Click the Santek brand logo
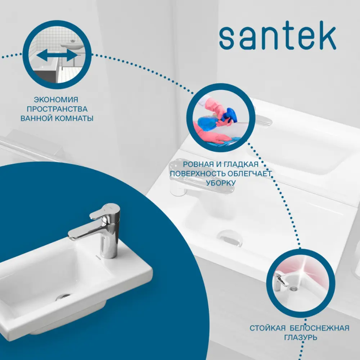coord(278,38)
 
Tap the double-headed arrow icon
coord(57,55)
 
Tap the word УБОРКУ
coord(221,183)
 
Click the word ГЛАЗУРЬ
coord(300,337)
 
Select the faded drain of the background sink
coord(230,238)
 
